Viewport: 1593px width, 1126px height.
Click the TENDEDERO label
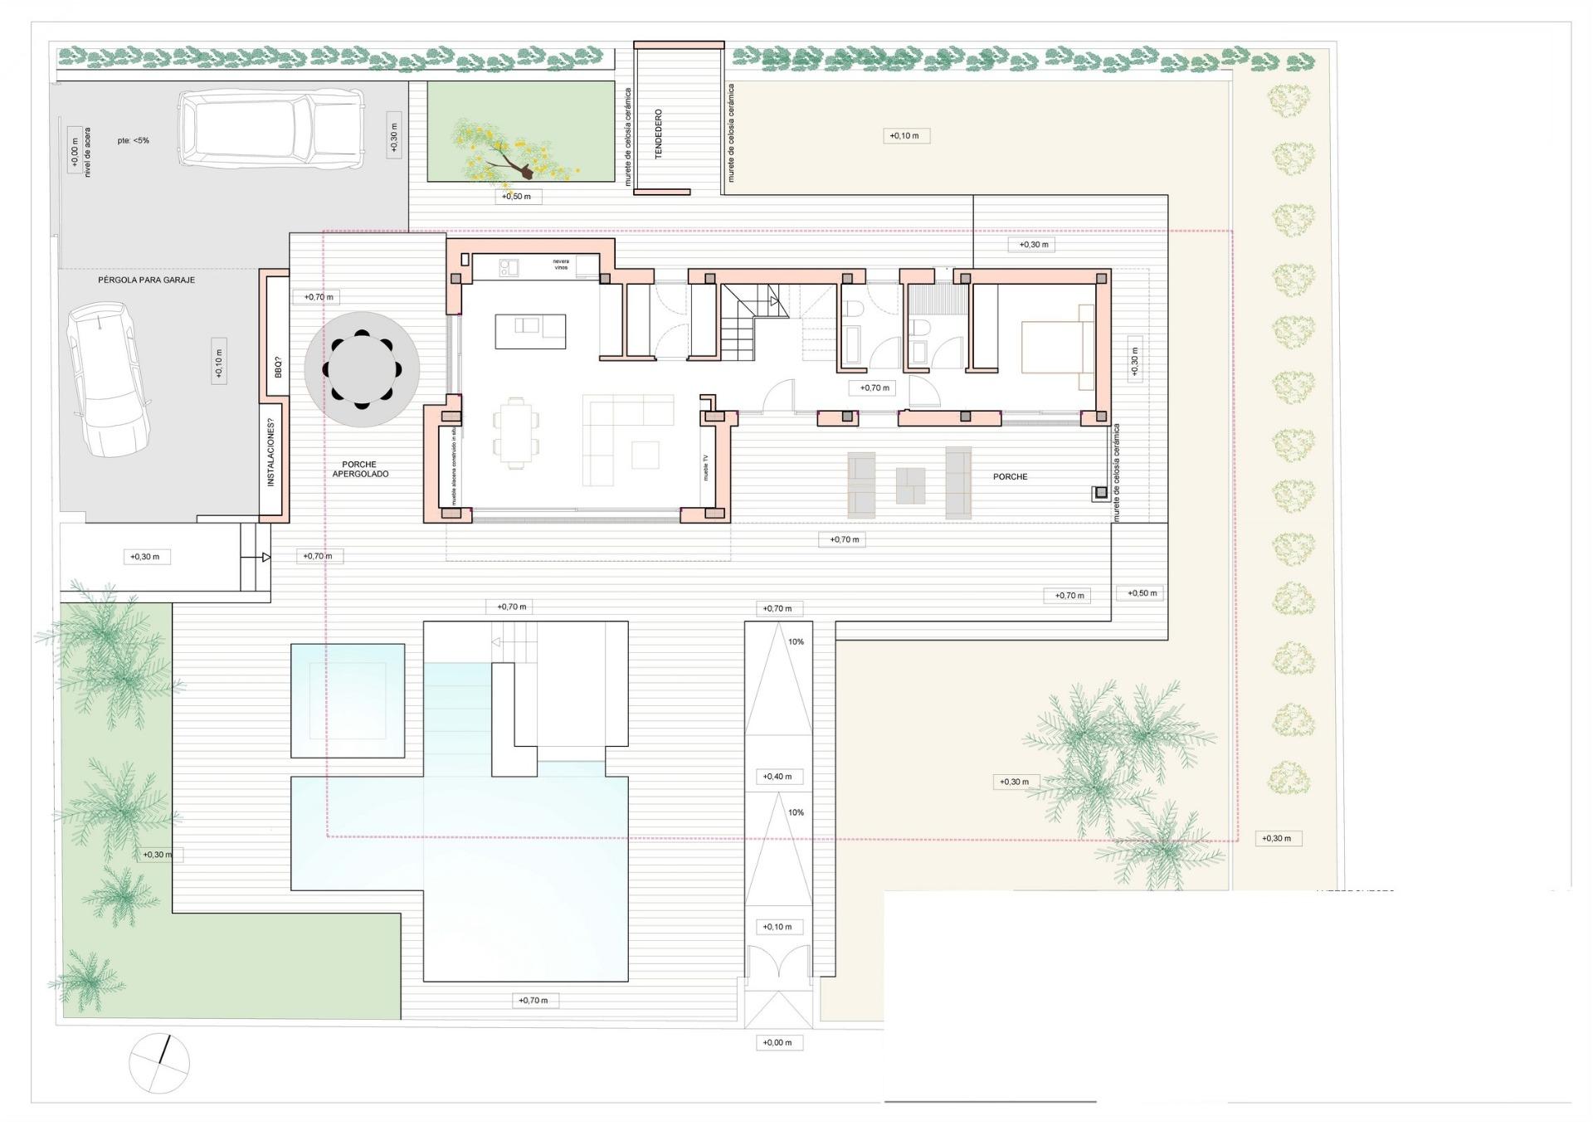[x=659, y=134]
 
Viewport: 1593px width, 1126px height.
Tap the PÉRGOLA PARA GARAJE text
[x=146, y=280]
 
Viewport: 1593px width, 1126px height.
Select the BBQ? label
[x=278, y=367]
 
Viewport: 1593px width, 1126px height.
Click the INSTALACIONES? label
[x=270, y=452]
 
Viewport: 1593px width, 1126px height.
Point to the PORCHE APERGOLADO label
[x=360, y=470]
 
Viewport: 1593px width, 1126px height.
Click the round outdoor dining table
[x=362, y=369]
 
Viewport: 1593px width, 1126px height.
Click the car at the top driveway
[x=270, y=129]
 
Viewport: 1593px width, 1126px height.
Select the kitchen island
[x=530, y=331]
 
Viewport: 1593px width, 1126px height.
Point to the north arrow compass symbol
[x=159, y=1063]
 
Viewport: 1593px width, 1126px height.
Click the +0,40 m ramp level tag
[x=777, y=777]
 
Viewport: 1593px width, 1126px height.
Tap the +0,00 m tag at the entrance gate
[x=777, y=1043]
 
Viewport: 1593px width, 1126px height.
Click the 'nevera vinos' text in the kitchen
[x=562, y=265]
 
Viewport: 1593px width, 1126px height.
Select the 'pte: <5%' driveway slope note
[x=133, y=140]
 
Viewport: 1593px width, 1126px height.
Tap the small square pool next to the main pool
[x=348, y=700]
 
